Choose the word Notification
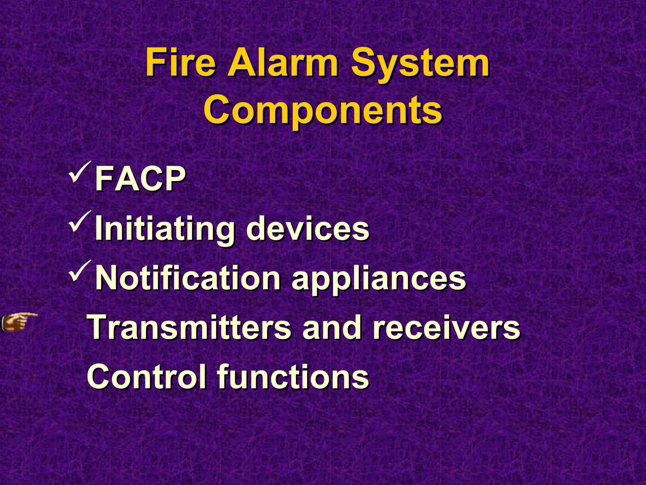[188, 278]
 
